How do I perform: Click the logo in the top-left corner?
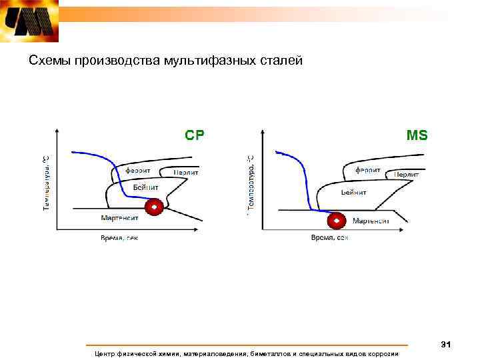click(29, 21)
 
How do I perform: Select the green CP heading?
click(195, 135)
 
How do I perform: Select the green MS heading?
click(417, 135)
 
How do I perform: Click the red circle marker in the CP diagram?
click(155, 209)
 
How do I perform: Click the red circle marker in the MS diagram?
click(337, 220)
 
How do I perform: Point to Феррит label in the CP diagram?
click(137, 170)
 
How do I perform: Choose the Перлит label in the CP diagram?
click(187, 172)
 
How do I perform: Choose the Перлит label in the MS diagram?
click(406, 174)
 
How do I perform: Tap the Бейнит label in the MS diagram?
click(353, 192)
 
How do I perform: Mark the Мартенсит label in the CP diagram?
click(120, 217)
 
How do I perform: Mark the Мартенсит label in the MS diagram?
click(371, 221)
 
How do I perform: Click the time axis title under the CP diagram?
click(119, 238)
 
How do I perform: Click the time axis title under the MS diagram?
click(329, 238)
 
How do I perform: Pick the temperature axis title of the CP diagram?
click(47, 183)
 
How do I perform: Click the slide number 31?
click(446, 344)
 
